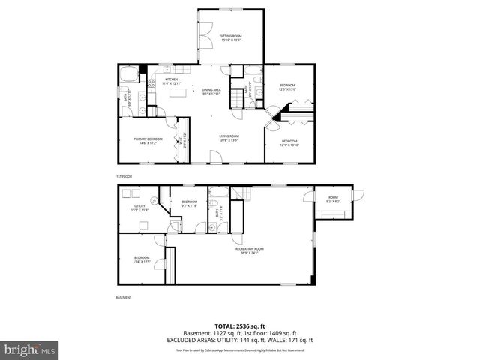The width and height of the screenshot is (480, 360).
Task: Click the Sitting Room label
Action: [230, 37]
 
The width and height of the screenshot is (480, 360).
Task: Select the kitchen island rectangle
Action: [178, 92]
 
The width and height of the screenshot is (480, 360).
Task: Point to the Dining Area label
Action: [211, 91]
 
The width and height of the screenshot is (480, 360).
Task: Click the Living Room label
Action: [229, 138]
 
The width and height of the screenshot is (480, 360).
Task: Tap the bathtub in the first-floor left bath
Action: [128, 74]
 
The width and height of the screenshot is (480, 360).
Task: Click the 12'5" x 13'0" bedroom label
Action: [288, 86]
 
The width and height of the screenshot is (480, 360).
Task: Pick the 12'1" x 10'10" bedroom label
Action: [290, 142]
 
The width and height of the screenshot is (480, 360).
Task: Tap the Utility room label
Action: [139, 208]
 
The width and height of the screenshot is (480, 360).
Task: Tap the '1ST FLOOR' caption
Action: [124, 176]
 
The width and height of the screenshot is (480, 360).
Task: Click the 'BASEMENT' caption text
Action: [124, 298]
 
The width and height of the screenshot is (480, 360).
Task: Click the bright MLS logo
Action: [28, 349]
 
